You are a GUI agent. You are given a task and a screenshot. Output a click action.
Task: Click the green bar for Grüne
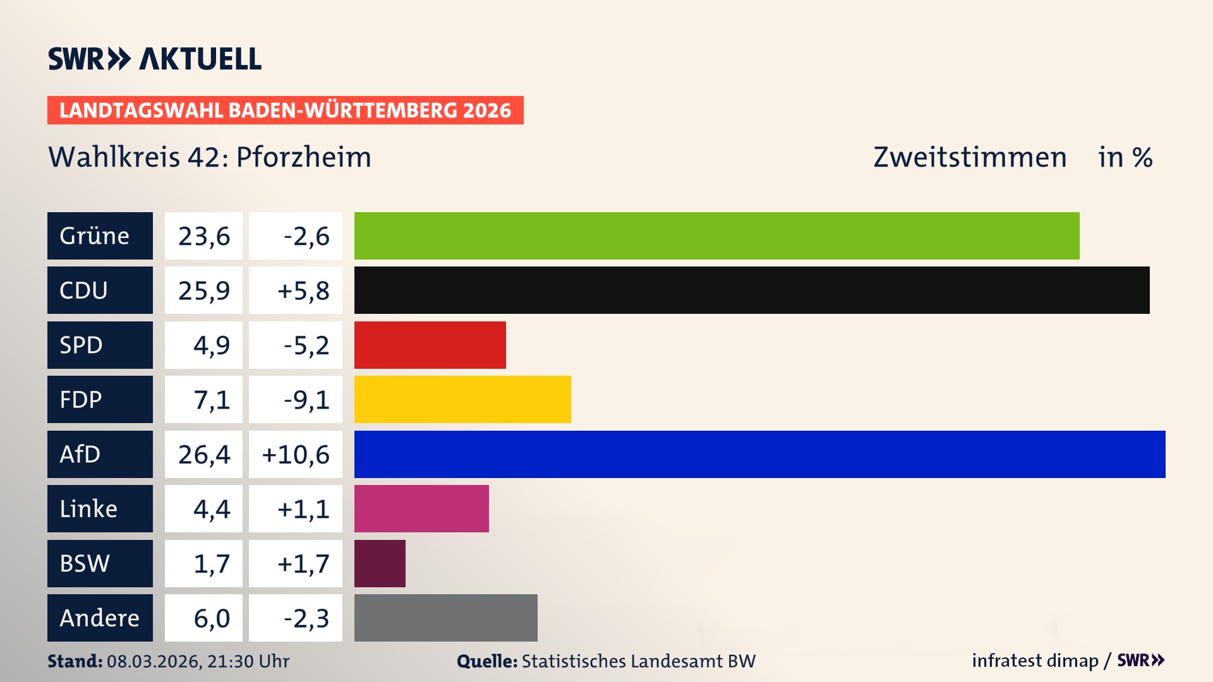[x=716, y=236]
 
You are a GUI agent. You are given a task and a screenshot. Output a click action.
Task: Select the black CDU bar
[x=752, y=290]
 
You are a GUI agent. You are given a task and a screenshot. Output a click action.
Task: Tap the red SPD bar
[x=430, y=345]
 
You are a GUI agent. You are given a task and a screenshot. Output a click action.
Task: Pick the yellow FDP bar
[x=462, y=399]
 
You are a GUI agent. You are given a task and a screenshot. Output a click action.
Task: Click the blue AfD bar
[x=759, y=454]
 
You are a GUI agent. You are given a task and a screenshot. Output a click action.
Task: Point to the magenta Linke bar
[x=421, y=508]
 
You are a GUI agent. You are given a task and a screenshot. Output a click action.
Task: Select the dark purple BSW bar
[x=380, y=563]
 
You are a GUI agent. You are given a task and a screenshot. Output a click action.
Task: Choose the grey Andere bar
[x=445, y=618]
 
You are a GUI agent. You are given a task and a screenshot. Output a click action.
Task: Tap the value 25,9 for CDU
[x=203, y=290]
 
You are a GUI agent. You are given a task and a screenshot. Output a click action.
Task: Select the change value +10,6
[x=296, y=454]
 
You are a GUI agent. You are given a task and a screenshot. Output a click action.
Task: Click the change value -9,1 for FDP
[x=306, y=400]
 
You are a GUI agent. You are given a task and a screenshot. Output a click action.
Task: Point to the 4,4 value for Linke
[x=211, y=509]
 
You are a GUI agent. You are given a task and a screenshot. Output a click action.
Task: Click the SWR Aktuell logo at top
[x=154, y=59]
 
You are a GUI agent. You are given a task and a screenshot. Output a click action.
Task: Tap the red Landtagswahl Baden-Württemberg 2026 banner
[x=285, y=110]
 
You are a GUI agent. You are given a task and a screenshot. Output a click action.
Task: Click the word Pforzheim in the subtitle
[x=303, y=157]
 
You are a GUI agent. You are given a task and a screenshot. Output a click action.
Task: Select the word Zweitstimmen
[x=970, y=157]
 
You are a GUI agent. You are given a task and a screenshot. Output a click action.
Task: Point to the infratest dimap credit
[x=1035, y=661]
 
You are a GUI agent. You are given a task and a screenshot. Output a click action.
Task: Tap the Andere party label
[x=100, y=618]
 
